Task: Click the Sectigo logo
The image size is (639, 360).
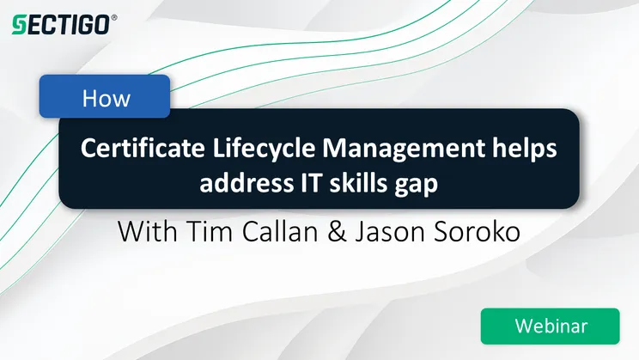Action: coord(59,24)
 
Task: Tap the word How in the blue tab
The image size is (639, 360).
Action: coord(106,98)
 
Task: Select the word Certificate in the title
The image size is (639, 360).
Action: coord(129,148)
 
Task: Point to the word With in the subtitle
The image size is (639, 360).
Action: coord(145,232)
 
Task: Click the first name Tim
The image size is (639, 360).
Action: coord(205,232)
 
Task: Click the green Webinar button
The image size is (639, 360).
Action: coord(550,326)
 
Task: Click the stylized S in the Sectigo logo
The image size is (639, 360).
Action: coord(18,24)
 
